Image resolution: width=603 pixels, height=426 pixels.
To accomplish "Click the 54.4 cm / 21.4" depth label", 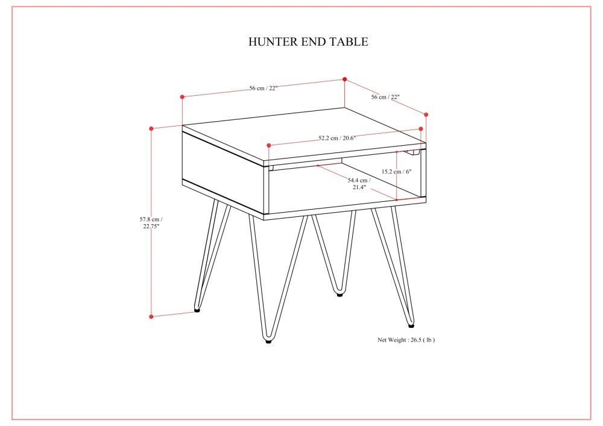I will click(x=359, y=183).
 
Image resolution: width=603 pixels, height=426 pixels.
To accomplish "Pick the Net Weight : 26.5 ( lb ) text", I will click(x=406, y=340).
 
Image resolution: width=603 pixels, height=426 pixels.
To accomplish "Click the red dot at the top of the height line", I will click(x=151, y=128).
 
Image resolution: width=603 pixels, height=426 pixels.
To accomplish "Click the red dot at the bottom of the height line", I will click(x=151, y=316).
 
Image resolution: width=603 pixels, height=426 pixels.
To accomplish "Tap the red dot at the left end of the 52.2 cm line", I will click(x=268, y=145).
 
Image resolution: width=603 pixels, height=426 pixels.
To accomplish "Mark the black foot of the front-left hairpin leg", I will click(x=268, y=341).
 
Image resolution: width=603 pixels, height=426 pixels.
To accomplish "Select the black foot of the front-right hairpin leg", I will click(x=411, y=325).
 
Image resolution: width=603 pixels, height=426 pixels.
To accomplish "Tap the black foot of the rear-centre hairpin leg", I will click(x=339, y=295).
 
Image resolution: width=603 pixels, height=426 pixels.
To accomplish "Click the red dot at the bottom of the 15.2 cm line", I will click(x=397, y=199).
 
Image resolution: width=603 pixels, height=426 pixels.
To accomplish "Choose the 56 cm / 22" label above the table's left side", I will click(x=263, y=88).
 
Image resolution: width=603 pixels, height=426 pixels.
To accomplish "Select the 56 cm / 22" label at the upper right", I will click(x=385, y=96).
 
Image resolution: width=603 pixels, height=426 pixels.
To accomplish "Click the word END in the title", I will click(x=314, y=42).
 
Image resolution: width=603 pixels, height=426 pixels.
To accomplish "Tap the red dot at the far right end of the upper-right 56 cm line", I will click(x=426, y=114).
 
